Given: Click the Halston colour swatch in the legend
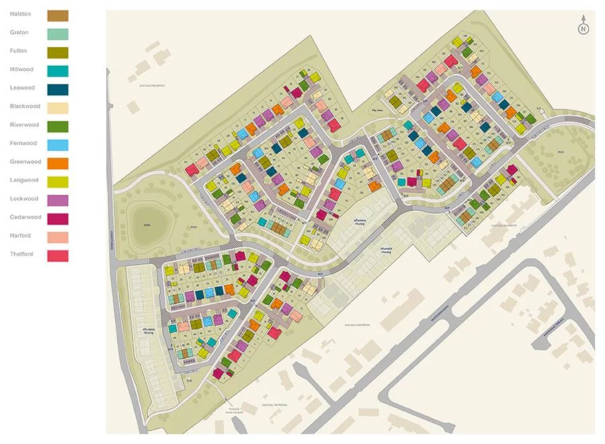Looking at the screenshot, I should (x=57, y=15).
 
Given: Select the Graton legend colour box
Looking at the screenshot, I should (x=57, y=34).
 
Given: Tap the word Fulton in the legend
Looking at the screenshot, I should (x=19, y=51).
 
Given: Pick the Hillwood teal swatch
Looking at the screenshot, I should (x=57, y=71).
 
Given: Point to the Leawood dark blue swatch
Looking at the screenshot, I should (x=57, y=89).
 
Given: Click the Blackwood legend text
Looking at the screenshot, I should (x=25, y=106).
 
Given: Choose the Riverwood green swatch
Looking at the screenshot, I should (x=57, y=126).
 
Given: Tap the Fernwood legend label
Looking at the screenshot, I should (x=24, y=143).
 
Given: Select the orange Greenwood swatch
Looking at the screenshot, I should (x=57, y=163).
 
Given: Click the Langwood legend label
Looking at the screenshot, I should (x=25, y=180).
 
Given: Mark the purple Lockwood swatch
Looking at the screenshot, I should (x=57, y=199).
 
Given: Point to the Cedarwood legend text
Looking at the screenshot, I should (x=26, y=217).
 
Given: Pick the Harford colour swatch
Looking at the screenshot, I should (x=57, y=236).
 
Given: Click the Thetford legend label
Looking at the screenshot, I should (x=23, y=254).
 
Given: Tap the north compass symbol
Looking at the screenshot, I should (x=583, y=28).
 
